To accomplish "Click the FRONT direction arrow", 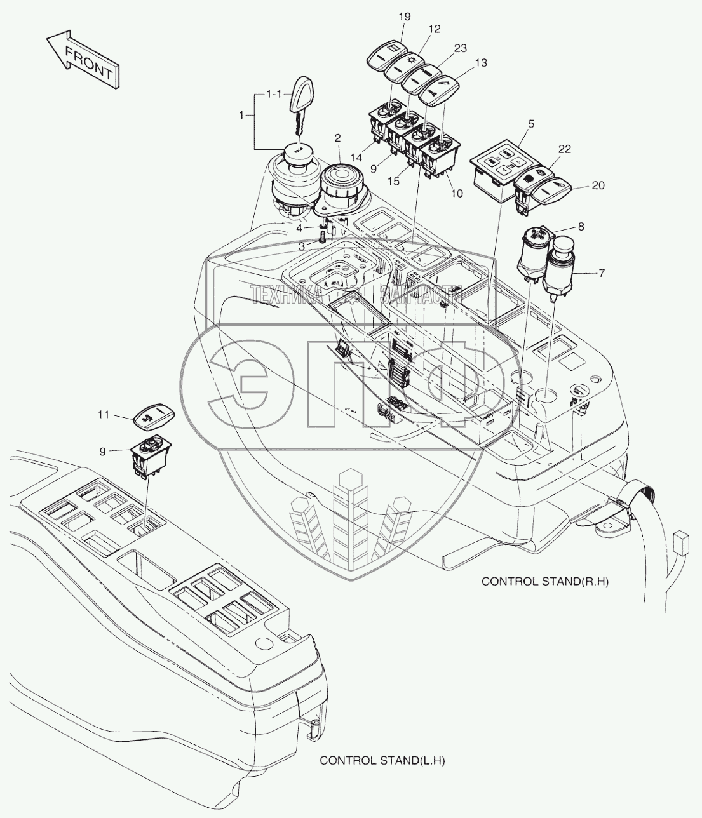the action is [83, 60].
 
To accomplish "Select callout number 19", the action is [405, 17].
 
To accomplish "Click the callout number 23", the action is [461, 48].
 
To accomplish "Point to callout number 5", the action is [531, 124].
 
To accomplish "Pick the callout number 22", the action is [565, 149].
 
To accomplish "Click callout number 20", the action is [598, 185].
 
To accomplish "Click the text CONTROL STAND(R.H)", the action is [545, 581].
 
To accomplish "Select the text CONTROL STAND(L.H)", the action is [382, 761].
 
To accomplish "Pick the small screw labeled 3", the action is [322, 238].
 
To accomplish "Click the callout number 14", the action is [356, 158].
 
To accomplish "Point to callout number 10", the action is [457, 194].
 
